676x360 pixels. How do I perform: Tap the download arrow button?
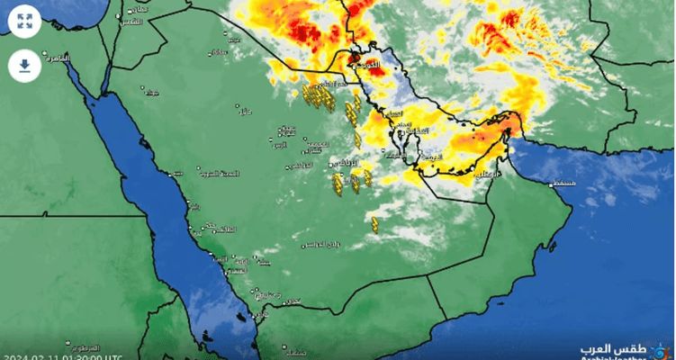pos(25,65)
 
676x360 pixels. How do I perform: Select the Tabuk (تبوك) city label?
pos(146,92)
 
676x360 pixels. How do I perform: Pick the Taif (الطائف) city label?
pos(223,230)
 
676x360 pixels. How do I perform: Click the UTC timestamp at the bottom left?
pos(62,355)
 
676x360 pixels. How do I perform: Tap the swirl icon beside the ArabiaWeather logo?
pos(663,348)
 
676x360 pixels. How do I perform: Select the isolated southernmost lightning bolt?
pos(374,223)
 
